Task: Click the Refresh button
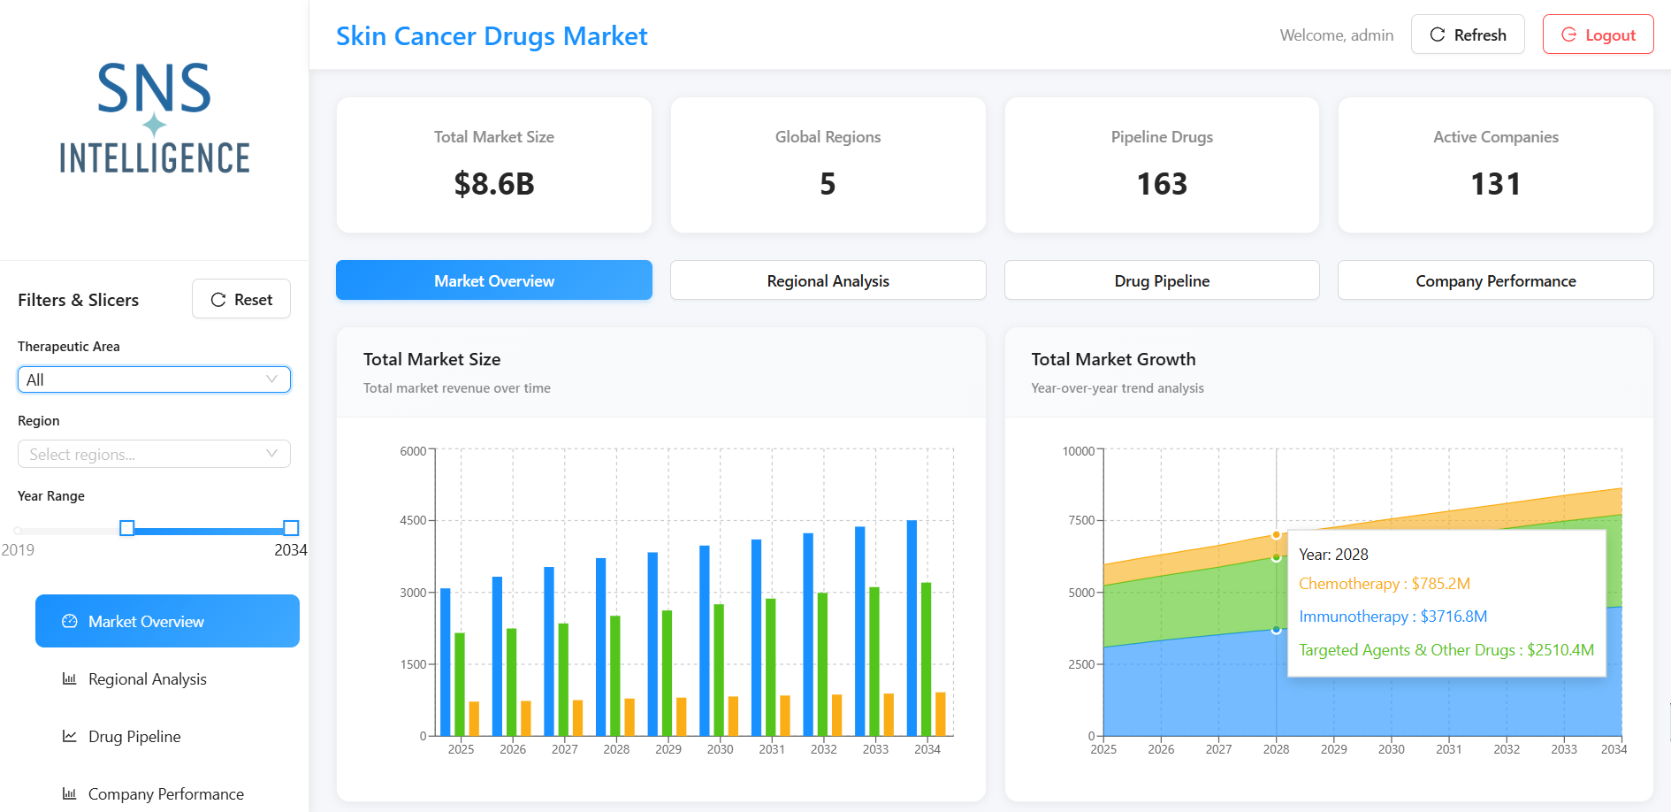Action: pos(1468,34)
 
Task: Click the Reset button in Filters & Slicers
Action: pos(241,299)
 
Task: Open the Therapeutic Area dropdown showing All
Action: pos(154,379)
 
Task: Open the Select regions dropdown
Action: pos(154,454)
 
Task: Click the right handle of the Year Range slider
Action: pos(291,528)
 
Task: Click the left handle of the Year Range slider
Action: pos(127,528)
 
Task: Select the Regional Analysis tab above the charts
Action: pos(828,280)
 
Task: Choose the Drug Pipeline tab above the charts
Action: pos(1162,280)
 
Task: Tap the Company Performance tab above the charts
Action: pos(1495,280)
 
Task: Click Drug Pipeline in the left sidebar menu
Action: pos(134,736)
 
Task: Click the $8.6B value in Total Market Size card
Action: pos(494,184)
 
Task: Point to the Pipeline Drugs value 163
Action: pos(1162,184)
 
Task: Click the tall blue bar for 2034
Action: pos(912,628)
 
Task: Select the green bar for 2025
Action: pos(460,684)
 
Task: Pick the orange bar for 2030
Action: pos(733,716)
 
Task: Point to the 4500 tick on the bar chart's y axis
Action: pos(413,520)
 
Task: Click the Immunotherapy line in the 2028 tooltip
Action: pos(1392,617)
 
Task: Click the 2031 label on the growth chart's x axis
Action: pos(1448,749)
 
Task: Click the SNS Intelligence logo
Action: pos(155,118)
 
